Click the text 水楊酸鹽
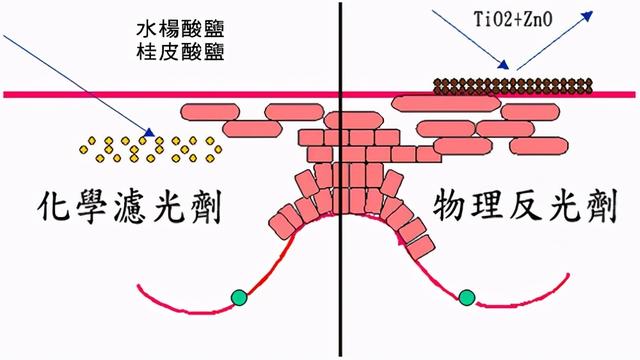click(x=181, y=27)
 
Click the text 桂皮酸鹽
click(x=181, y=49)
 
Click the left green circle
click(x=238, y=297)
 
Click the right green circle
click(x=466, y=296)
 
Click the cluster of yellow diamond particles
click(x=150, y=148)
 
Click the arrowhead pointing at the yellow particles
click(x=151, y=132)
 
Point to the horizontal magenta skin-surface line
click(x=100, y=95)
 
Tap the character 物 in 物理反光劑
click(x=452, y=204)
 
